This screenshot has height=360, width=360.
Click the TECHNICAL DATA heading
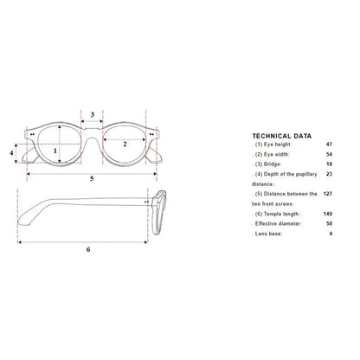(x=282, y=136)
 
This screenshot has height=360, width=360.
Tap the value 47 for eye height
(x=329, y=145)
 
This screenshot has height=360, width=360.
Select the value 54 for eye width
(x=329, y=154)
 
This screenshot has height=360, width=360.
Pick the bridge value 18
(x=329, y=164)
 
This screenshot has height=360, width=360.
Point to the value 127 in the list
(x=328, y=194)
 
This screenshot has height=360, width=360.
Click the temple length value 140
(x=328, y=214)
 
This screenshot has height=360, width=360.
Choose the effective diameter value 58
(x=329, y=223)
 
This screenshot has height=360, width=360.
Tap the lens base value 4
(x=331, y=234)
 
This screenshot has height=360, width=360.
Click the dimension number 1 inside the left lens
(x=55, y=151)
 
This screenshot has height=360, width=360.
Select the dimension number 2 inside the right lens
(x=125, y=144)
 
